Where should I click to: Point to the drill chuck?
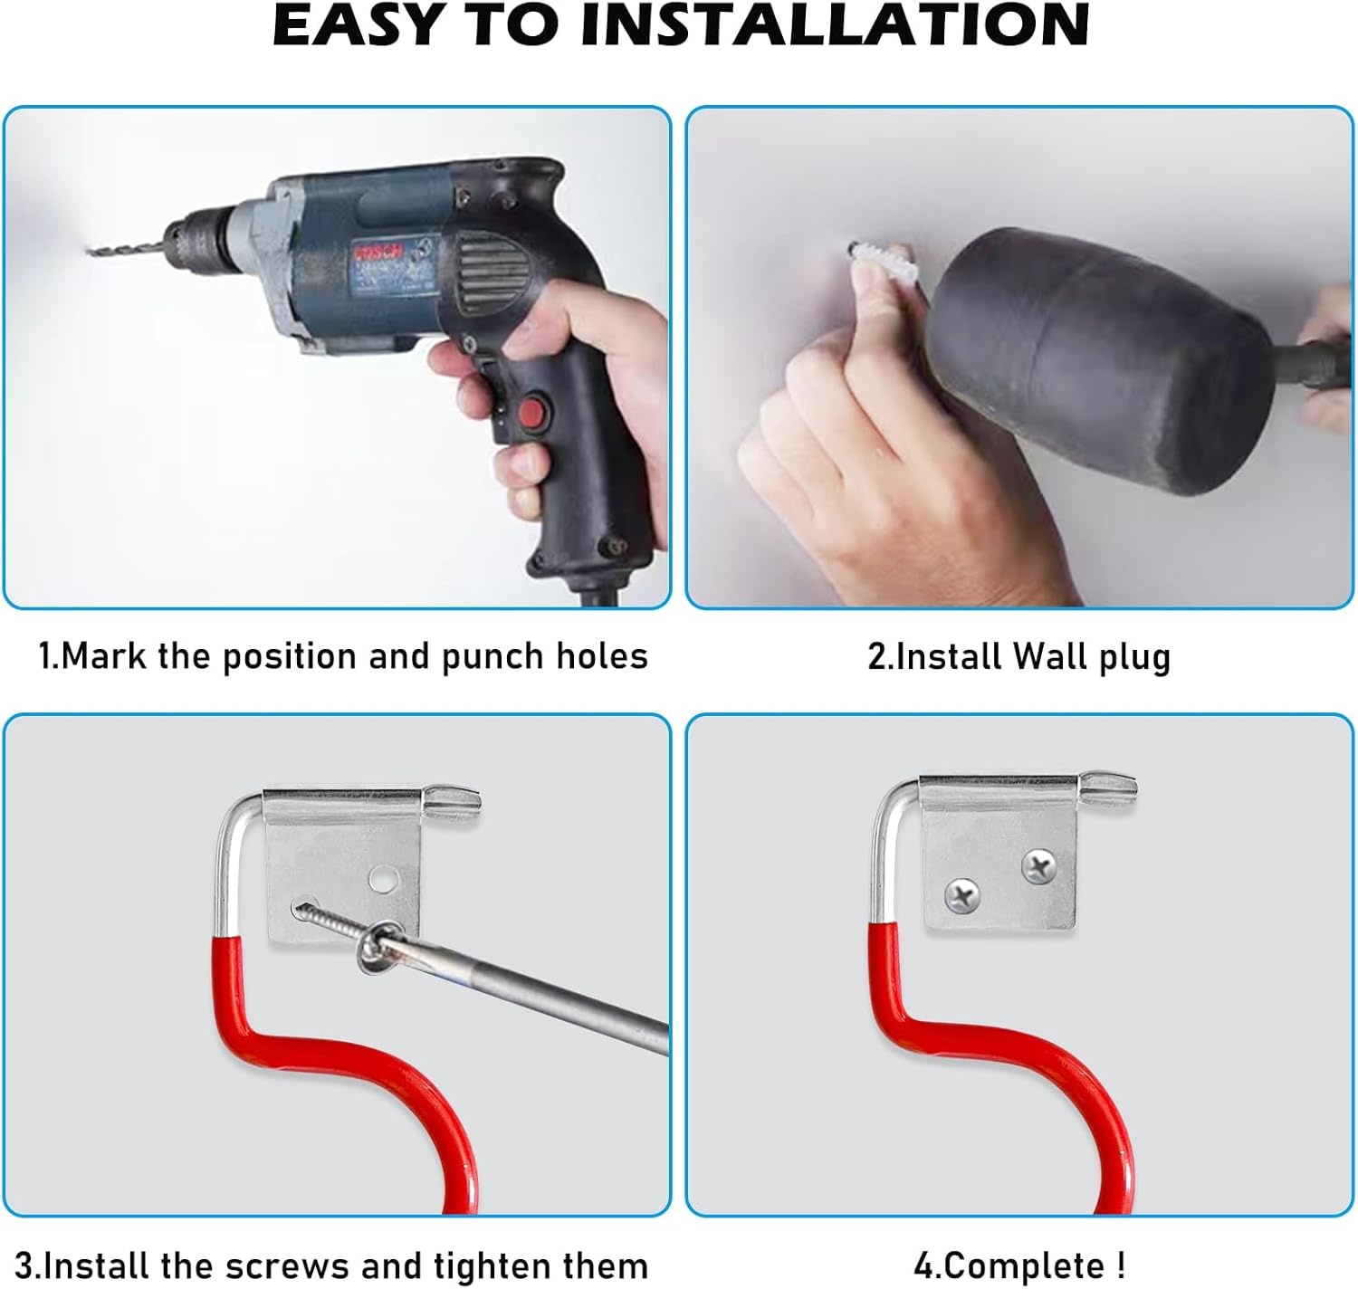tap(199, 238)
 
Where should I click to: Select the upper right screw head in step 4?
tap(1038, 867)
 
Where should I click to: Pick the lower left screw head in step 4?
tap(961, 898)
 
